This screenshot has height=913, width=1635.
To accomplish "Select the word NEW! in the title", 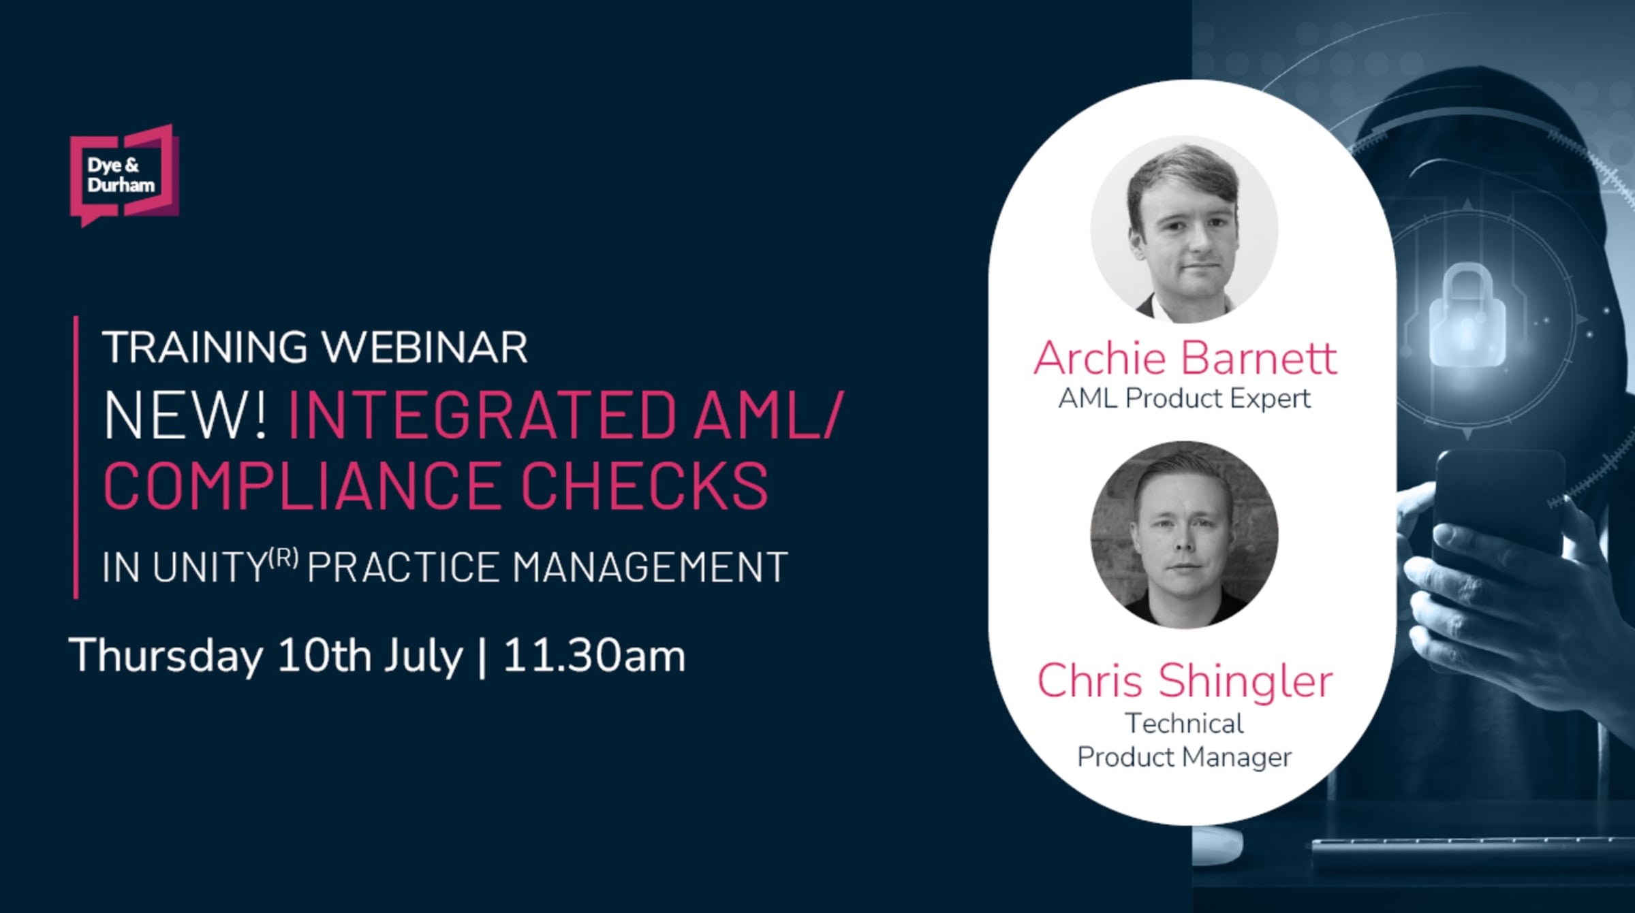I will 185,415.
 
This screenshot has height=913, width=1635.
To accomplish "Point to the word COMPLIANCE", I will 303,485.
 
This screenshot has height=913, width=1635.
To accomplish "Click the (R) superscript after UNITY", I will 283,559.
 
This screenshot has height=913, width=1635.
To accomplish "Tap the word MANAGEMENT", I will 650,567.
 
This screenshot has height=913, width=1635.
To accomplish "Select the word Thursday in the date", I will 166,656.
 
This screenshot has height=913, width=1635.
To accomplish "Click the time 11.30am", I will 594,656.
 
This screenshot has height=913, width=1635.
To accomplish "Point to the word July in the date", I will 422,656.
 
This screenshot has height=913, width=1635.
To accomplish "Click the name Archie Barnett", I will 1185,358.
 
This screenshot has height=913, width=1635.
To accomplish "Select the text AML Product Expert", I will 1184,399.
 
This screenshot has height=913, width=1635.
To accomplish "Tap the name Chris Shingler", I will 1185,680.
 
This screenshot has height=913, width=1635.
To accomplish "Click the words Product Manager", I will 1184,757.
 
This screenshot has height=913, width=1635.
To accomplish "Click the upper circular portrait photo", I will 1184,229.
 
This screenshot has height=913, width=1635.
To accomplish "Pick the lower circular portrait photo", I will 1184,534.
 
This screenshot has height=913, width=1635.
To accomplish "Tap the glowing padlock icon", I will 1467,317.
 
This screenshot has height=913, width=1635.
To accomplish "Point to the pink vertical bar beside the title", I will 76,457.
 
